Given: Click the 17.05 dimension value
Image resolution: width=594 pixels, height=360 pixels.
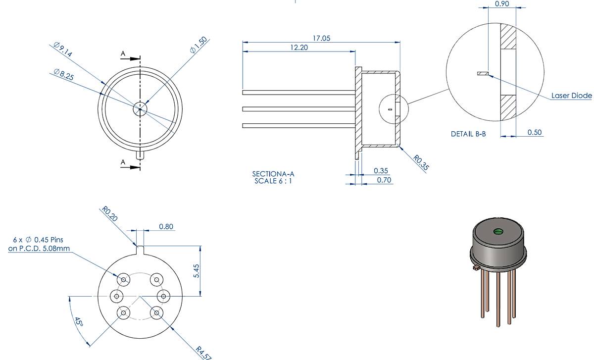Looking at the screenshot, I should (x=321, y=38).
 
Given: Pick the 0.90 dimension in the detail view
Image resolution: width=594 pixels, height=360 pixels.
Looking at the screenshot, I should (x=502, y=4).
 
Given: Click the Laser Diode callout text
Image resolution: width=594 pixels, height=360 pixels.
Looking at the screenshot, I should (x=571, y=96).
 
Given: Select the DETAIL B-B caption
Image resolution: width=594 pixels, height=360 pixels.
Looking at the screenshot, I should (x=468, y=134).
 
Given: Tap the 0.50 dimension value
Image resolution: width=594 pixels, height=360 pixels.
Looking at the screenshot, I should (x=535, y=133).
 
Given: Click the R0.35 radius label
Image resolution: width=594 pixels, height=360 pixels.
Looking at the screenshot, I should (x=421, y=162).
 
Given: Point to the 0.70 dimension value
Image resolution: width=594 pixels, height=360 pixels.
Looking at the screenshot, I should (x=384, y=180).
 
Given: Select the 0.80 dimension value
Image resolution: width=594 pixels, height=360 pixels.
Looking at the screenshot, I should (x=166, y=227).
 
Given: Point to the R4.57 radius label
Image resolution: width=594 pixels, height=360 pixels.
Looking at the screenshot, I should (x=203, y=351).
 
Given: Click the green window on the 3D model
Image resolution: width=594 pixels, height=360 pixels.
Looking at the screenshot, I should (x=498, y=231).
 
